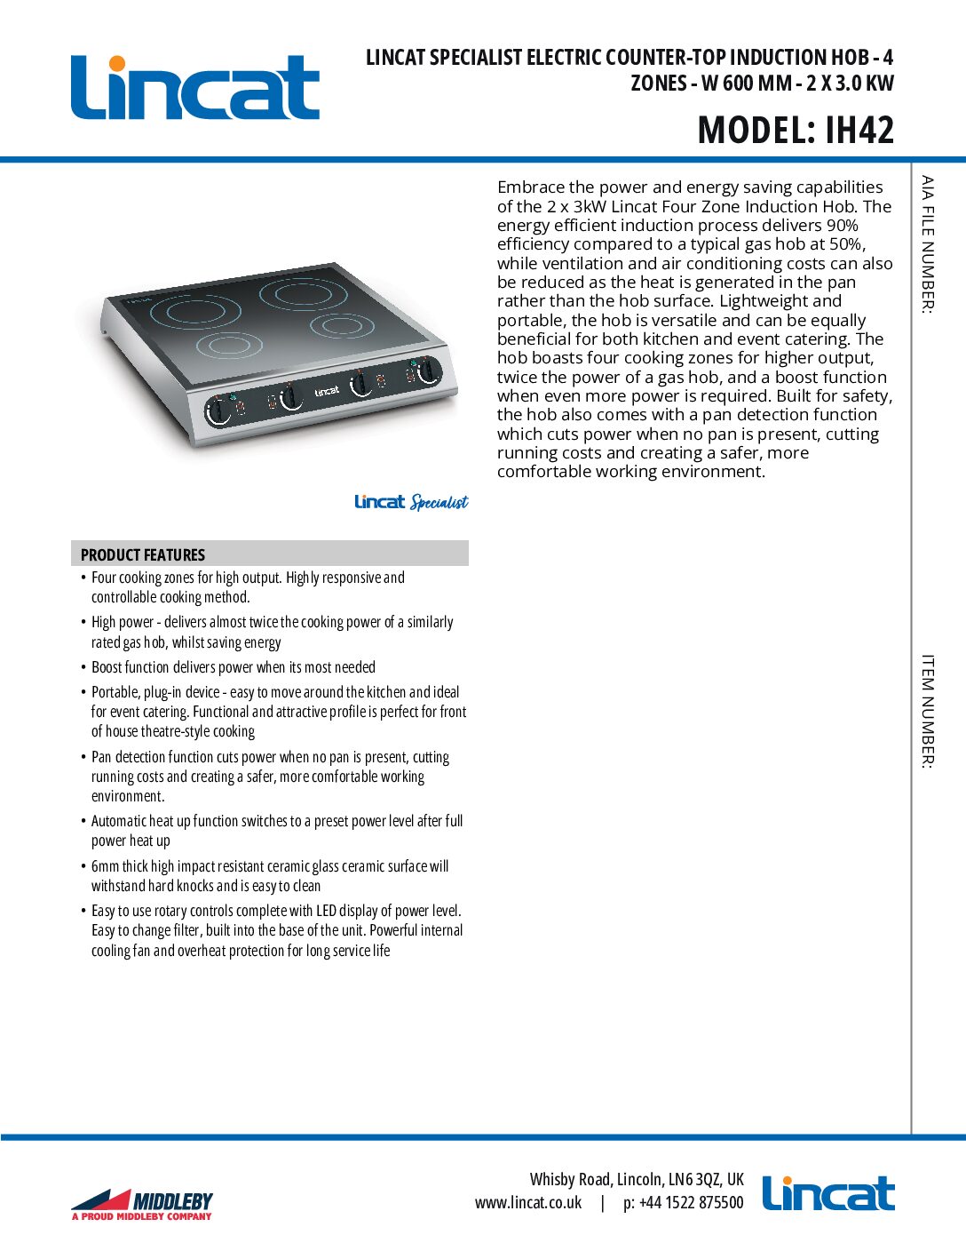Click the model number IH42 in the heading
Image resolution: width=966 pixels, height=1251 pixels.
point(859,131)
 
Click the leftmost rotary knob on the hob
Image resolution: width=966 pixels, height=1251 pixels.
point(218,411)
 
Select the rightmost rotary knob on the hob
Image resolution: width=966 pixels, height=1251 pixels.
point(429,371)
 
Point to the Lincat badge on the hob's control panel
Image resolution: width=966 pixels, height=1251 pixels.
point(327,391)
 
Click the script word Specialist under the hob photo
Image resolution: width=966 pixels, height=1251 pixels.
point(439,503)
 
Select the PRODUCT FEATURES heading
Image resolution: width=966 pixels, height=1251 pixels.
point(143,554)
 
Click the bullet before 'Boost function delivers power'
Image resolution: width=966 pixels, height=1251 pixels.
point(83,667)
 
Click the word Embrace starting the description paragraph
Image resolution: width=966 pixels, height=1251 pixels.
point(530,187)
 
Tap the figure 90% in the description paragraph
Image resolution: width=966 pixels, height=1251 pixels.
point(842,226)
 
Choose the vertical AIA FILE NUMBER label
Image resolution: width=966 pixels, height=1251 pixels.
point(928,244)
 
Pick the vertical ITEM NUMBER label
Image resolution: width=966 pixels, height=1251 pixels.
point(928,711)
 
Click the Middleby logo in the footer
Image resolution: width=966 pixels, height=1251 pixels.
point(142,1205)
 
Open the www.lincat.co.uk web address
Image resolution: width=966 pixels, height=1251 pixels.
point(528,1203)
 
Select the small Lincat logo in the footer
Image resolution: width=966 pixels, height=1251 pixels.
point(828,1194)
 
